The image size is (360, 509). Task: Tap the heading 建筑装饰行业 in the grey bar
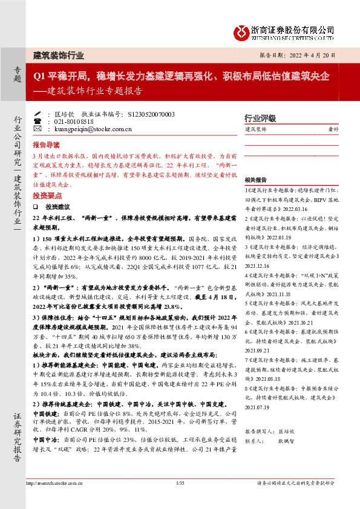pyautogui.click(x=58, y=55)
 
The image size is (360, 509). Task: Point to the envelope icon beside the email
pyautogui.click(x=38, y=129)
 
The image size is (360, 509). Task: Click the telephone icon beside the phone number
pyautogui.click(x=38, y=121)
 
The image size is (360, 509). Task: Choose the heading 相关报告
pyautogui.click(x=256, y=180)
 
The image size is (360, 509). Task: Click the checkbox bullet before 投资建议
pyautogui.click(x=36, y=206)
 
